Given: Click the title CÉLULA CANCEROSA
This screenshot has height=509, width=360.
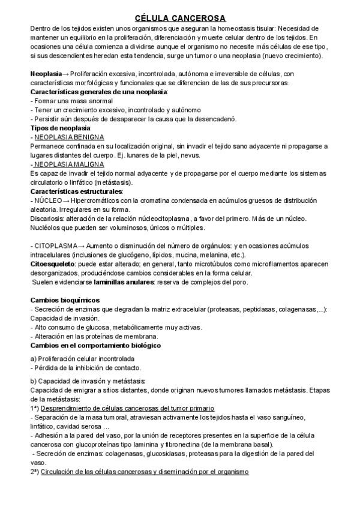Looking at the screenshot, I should pyautogui.click(x=180, y=19).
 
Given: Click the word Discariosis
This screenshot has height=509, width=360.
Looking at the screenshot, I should pyautogui.click(x=47, y=218).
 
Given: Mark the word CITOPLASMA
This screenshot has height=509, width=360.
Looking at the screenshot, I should pyautogui.click(x=55, y=246).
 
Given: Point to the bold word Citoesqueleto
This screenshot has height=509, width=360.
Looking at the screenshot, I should pyautogui.click(x=52, y=264).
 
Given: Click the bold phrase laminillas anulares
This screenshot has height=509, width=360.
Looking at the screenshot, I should pyautogui.click(x=120, y=282).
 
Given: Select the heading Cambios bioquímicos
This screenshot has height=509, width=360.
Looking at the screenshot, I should pyautogui.click(x=65, y=300).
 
